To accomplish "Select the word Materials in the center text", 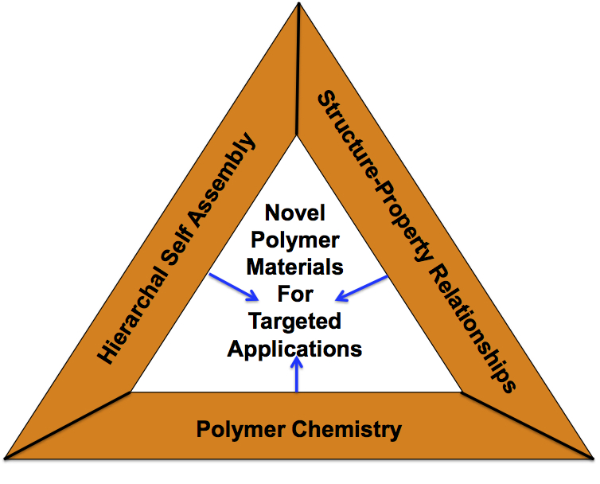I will click(295, 267).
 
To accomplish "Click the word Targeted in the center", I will click(295, 322).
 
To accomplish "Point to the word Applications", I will click(295, 349).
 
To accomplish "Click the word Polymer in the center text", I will click(295, 240).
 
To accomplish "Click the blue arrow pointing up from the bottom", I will click(297, 374).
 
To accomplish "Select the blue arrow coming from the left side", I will click(234, 288).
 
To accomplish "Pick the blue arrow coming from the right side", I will click(361, 288).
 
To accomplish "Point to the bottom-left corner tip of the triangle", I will click(6, 457).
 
